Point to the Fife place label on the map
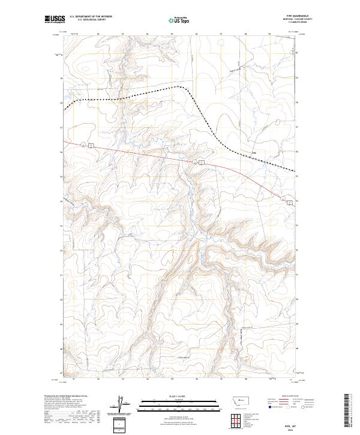pyautogui.click(x=254, y=152)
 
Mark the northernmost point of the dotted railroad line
pyautogui.click(x=178, y=86)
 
